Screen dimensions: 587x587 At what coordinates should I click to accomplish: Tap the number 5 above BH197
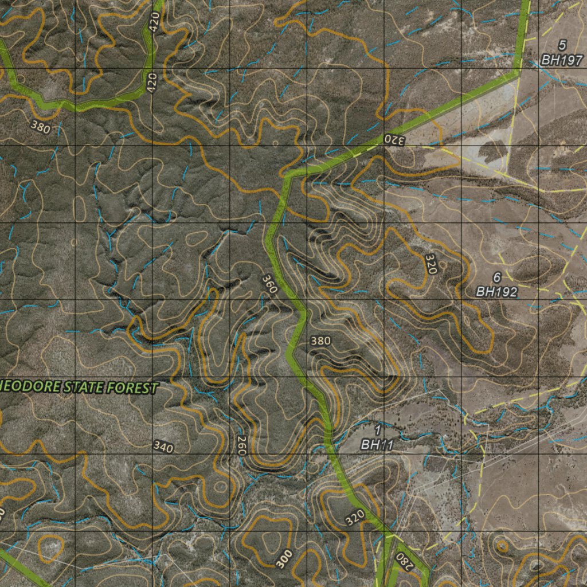point(562,44)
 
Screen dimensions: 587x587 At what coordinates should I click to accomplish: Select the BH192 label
point(496,292)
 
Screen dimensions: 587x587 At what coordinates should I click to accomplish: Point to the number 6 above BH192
point(496,277)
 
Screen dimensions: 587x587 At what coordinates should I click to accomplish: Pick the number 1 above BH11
point(378,429)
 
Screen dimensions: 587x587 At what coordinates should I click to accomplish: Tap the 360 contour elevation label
point(269,283)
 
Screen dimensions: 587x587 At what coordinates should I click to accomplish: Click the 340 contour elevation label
point(164,447)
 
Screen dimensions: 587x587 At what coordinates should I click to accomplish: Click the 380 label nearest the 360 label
point(320,341)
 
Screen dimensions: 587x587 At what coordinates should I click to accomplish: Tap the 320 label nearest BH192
point(432,263)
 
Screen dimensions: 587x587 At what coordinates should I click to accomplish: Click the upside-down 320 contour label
point(394,139)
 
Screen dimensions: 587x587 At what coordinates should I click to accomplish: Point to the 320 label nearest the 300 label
point(355,518)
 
